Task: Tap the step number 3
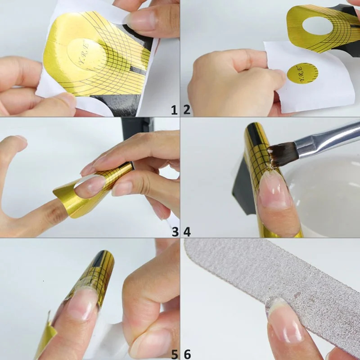coord(175,232)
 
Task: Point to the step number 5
coord(175,354)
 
